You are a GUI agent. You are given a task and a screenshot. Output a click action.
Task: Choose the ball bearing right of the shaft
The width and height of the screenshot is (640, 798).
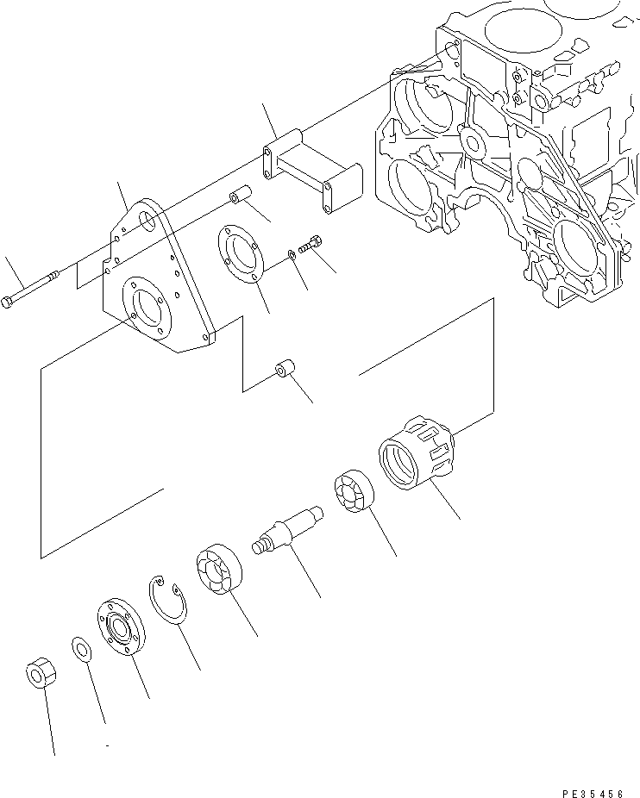(x=353, y=493)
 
